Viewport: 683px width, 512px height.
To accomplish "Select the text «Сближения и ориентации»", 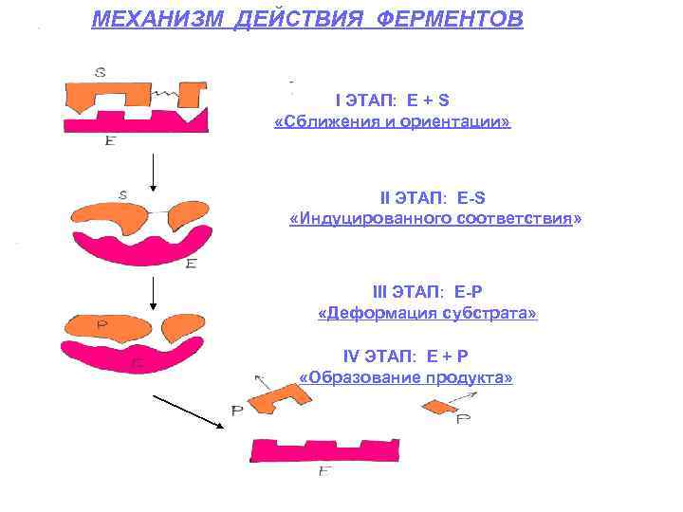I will click(x=392, y=123).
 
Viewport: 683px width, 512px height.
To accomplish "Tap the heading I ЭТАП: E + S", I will click(x=393, y=100).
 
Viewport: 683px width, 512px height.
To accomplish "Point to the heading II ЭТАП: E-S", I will click(x=433, y=197).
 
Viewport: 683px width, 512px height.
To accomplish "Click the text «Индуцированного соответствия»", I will click(x=434, y=220).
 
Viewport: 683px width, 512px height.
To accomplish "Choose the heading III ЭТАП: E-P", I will click(x=427, y=291).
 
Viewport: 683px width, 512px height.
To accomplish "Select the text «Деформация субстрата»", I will click(x=427, y=313).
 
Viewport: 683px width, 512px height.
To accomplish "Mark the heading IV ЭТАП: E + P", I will click(x=406, y=356).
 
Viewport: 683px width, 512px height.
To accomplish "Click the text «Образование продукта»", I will click(x=406, y=377).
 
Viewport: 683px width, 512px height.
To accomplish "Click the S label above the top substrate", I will click(x=100, y=71).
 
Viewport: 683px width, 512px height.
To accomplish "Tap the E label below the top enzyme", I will click(x=111, y=140).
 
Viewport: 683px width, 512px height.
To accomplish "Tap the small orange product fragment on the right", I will click(x=438, y=406).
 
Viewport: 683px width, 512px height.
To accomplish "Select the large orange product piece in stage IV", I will click(x=284, y=398).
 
